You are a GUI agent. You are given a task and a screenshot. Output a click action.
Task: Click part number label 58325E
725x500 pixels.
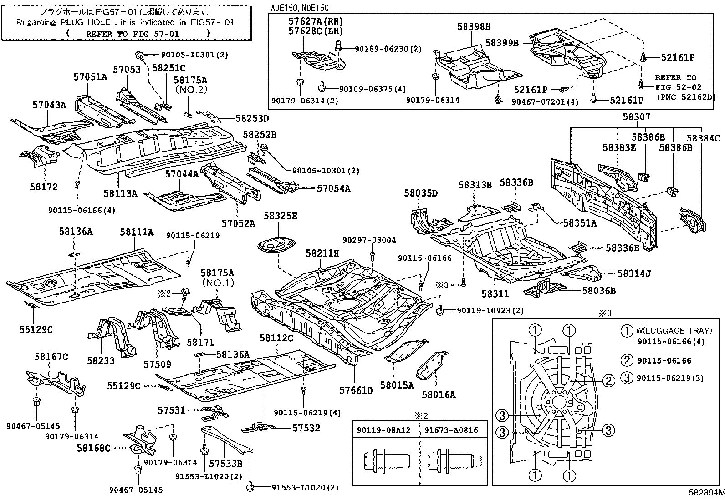click(280, 216)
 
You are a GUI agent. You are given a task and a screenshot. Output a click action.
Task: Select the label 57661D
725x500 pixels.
click(356, 390)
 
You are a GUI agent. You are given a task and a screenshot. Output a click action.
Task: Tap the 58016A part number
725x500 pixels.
click(438, 395)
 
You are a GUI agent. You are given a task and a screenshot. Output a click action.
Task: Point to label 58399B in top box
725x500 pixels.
click(502, 43)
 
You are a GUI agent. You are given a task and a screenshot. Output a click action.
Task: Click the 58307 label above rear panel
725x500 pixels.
click(636, 117)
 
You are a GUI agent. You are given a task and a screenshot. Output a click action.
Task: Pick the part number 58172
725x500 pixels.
click(44, 187)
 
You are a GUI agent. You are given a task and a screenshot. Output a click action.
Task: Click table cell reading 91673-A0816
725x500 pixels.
click(451, 430)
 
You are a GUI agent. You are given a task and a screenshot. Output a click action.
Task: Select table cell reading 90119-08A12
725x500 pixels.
click(384, 430)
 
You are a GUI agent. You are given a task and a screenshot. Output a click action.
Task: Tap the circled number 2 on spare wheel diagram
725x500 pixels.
click(609, 381)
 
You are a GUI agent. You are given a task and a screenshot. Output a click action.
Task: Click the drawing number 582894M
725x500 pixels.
click(706, 492)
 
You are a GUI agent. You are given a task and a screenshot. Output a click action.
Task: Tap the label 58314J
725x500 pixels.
click(634, 273)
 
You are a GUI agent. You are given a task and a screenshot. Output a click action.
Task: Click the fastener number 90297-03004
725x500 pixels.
click(369, 240)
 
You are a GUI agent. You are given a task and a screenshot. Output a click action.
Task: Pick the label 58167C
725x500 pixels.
click(51, 357)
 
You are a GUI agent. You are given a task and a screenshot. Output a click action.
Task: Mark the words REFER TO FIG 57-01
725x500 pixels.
click(132, 34)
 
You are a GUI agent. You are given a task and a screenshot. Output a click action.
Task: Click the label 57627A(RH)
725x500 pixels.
click(315, 21)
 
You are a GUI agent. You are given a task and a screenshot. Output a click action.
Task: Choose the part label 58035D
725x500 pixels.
click(420, 193)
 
